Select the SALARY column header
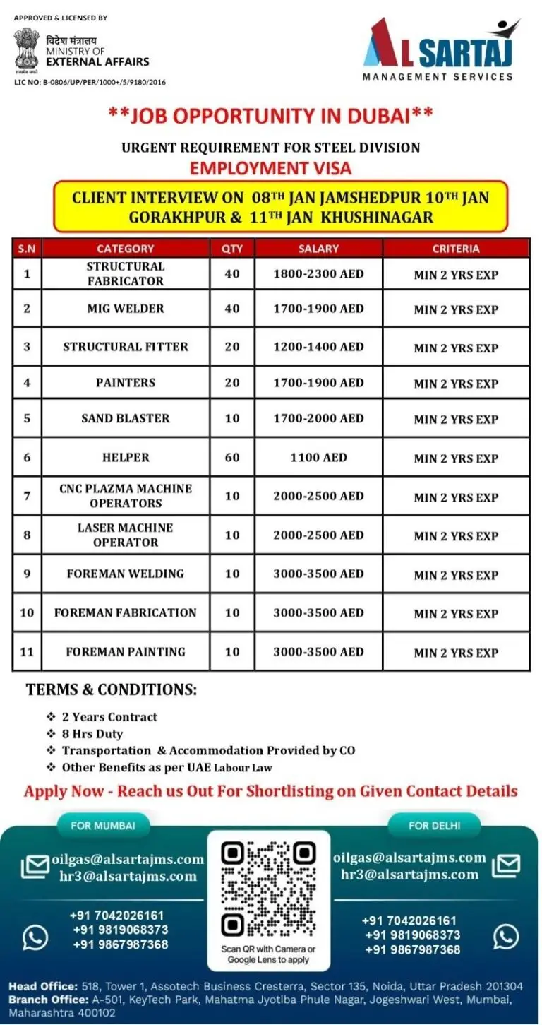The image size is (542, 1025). [318, 249]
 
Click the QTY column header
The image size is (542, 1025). [232, 249]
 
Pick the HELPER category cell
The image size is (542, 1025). [126, 457]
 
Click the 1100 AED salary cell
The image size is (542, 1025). [318, 457]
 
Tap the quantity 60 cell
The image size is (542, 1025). [232, 457]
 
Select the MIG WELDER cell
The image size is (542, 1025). [126, 309]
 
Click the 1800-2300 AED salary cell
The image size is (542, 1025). [318, 273]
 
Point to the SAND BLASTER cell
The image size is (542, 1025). [126, 418]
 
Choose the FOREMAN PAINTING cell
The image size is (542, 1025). [126, 652]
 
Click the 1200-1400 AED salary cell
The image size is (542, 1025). [318, 347]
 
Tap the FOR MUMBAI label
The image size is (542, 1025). [102, 824]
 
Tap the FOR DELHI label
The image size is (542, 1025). [434, 824]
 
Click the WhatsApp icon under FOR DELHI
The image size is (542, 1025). [506, 936]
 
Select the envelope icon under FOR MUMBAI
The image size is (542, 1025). [35, 867]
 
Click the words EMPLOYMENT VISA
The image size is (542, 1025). [271, 168]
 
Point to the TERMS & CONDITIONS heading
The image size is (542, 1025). [112, 689]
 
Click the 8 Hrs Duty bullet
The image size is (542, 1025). [92, 734]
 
